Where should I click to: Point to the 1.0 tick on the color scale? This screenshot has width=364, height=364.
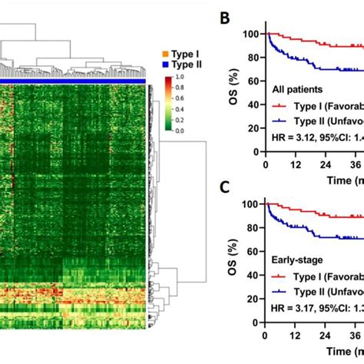(178, 78)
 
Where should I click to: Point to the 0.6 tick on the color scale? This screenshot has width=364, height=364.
(178, 99)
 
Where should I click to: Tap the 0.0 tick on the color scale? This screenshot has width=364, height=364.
(178, 131)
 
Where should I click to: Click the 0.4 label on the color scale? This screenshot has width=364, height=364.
(178, 110)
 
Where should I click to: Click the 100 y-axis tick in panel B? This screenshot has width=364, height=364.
(250, 35)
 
